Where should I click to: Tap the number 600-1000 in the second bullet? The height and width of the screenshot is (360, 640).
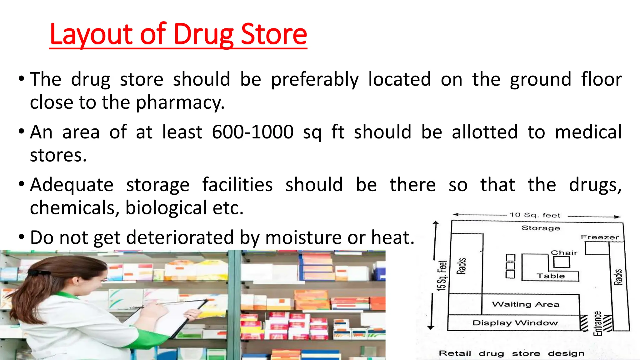pos(252,132)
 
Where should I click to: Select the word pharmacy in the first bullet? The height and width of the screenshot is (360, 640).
pos(180,102)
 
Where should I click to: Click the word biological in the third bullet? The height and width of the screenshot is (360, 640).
pos(166,208)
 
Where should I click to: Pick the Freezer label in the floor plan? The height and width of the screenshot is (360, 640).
pos(600,237)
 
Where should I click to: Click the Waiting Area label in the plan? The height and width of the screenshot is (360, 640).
pos(526,304)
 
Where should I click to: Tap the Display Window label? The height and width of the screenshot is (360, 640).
pos(515,323)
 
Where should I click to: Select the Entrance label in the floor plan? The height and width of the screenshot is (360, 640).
pos(597,323)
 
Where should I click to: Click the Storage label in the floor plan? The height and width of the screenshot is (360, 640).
pos(541,228)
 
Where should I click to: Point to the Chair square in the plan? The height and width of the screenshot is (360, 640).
pos(562,262)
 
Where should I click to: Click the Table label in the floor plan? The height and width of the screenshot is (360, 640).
pos(551,276)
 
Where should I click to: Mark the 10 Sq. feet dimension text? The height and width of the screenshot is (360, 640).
pos(535,215)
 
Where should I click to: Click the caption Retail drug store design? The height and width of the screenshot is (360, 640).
pos(511,353)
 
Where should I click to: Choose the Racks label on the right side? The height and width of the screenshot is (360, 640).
pos(618,277)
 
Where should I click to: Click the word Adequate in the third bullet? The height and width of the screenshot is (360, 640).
pos(72,185)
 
